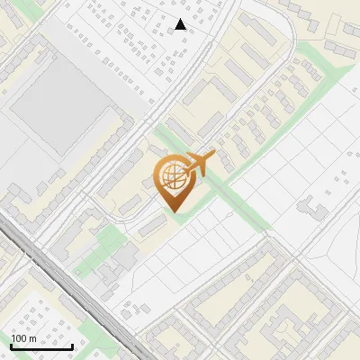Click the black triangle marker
[180, 24]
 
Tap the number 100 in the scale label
[19, 338]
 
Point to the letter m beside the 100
[32, 338]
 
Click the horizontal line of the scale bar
[41, 346]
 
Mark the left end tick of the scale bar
[11, 345]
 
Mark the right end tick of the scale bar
[72, 345]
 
